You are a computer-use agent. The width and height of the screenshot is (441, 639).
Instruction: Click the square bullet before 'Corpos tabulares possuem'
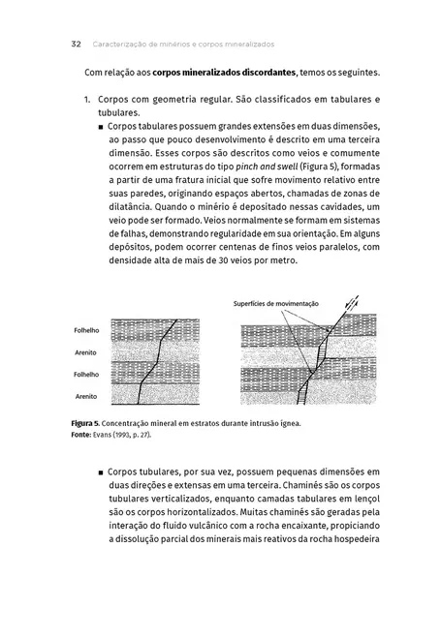coord(101,127)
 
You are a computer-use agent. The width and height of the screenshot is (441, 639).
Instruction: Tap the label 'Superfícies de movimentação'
coord(276,303)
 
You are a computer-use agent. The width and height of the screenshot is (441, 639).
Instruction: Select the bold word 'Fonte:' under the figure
coord(84,435)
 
